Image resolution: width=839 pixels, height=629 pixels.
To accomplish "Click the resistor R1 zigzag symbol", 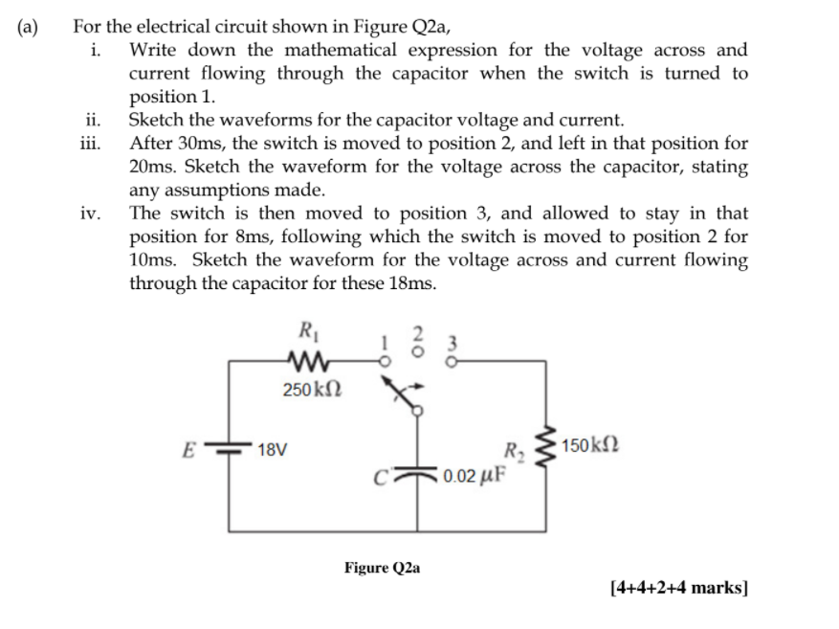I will tap(308, 361).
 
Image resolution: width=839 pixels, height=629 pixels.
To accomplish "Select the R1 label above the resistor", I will tap(308, 333).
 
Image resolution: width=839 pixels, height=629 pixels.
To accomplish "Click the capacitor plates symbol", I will tap(417, 469).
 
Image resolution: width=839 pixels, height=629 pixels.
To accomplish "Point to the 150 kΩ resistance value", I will tap(595, 445).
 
